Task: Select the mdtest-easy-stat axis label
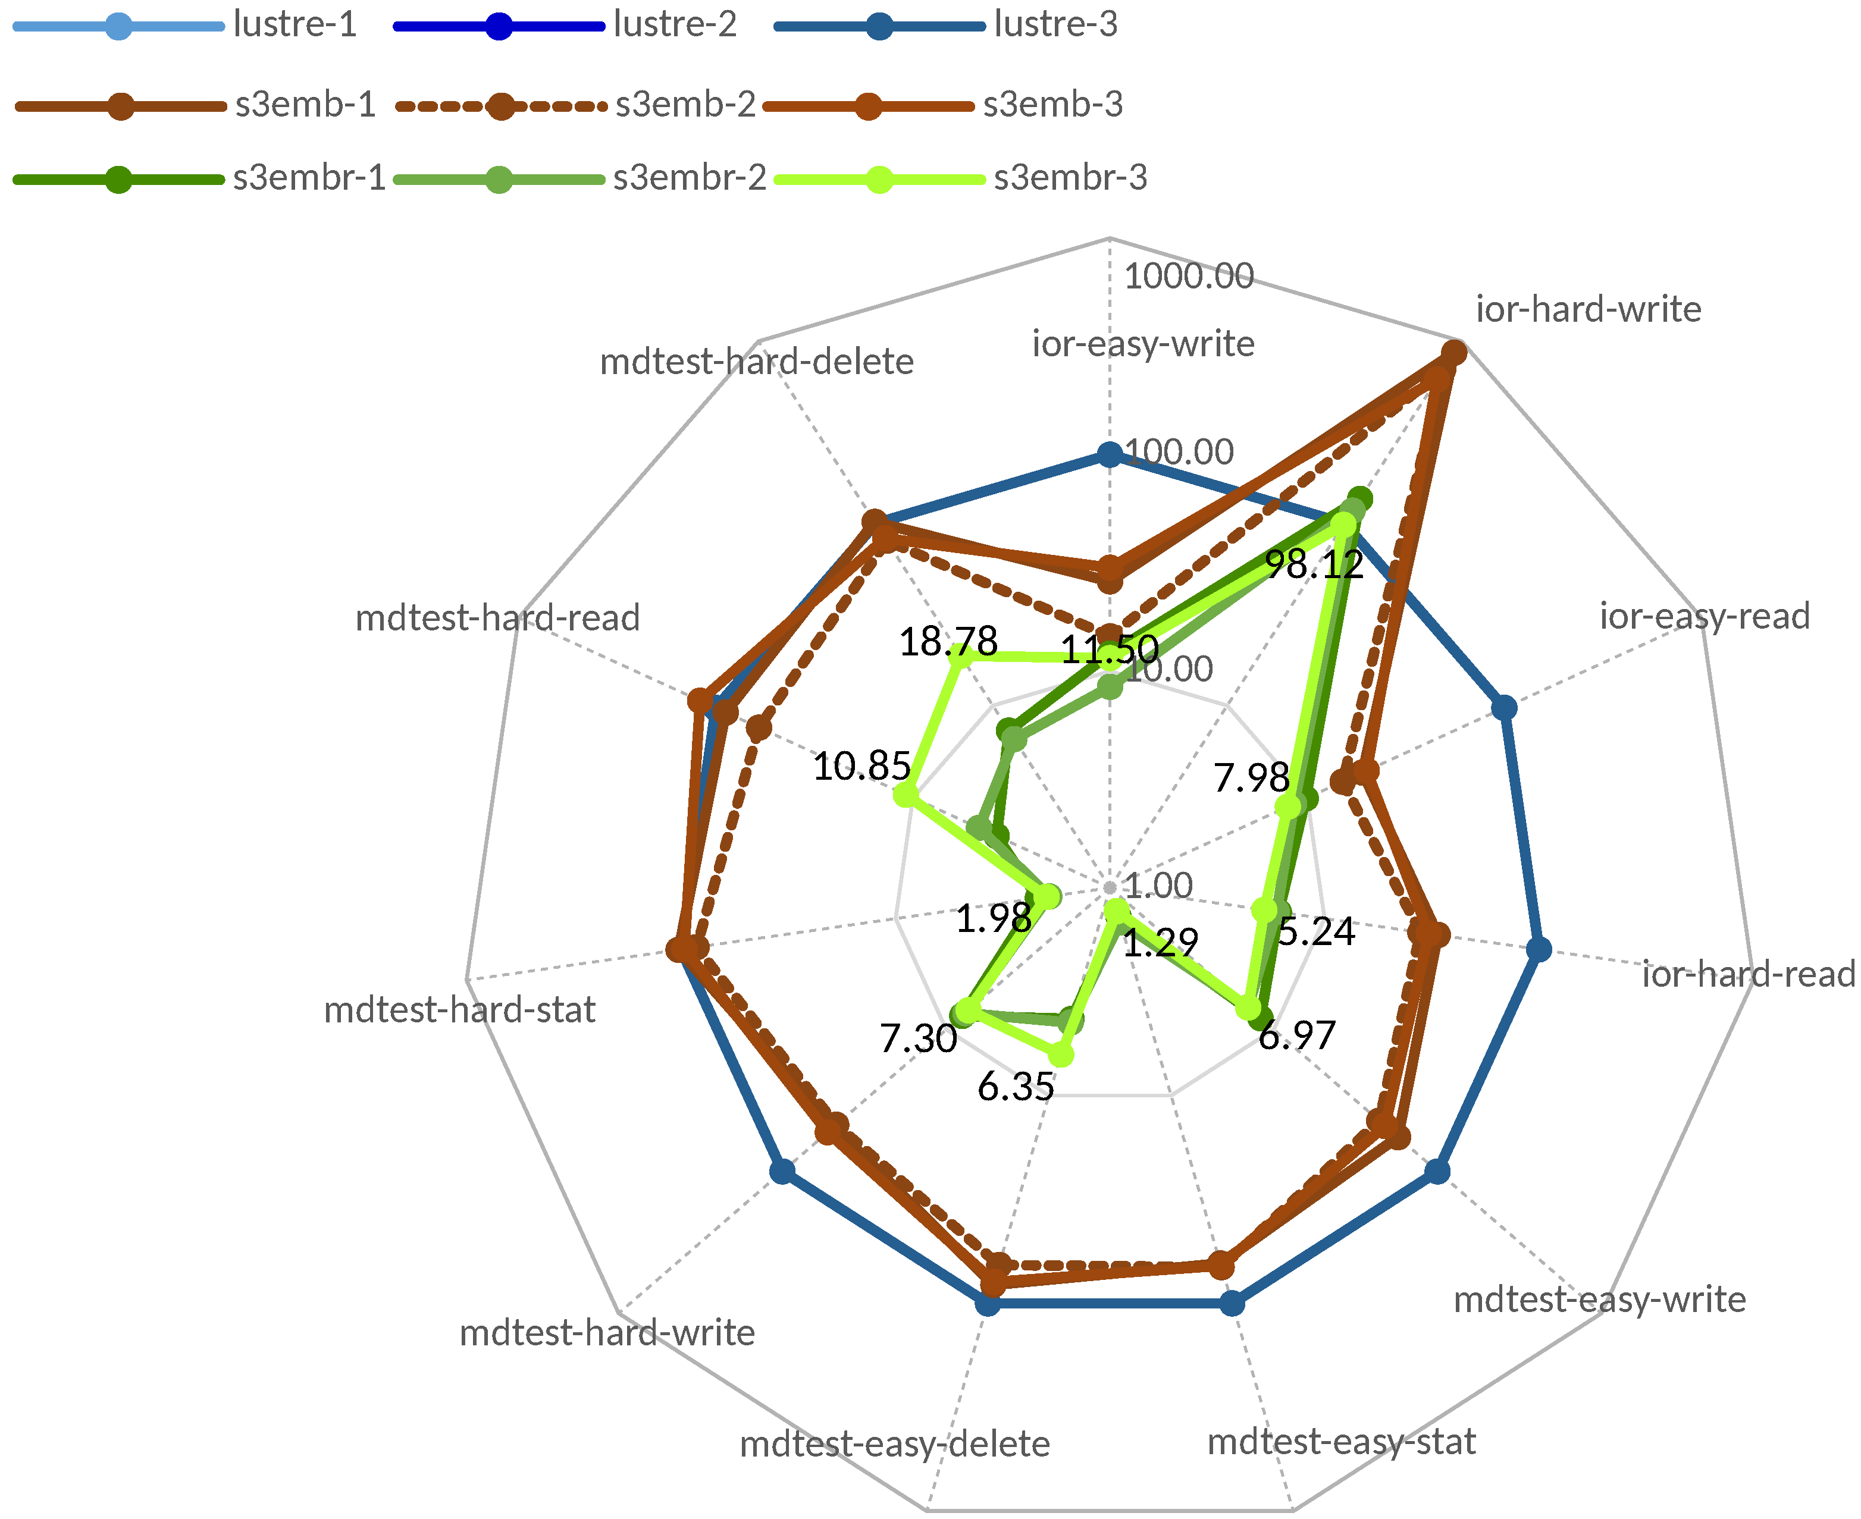(1341, 1441)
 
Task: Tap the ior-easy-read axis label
(1705, 616)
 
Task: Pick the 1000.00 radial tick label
(1188, 277)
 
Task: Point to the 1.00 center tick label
(1158, 886)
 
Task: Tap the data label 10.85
(861, 767)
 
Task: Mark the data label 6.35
(1016, 1087)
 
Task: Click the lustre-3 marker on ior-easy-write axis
(1109, 455)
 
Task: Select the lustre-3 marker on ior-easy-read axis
(1504, 707)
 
